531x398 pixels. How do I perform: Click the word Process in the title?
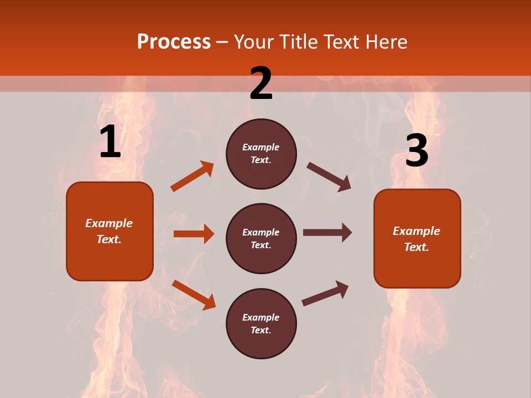174,42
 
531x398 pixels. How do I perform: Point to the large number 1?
110,142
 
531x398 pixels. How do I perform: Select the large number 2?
261,83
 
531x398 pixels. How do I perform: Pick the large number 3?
417,150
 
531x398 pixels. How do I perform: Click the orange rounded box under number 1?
110,231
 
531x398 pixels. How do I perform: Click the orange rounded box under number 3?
417,239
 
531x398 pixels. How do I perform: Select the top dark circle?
261,154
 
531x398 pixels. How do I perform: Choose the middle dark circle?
261,239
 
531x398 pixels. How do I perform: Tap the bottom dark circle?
261,324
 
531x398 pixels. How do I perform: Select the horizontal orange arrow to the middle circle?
194,234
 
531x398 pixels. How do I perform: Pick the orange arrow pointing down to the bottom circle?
194,295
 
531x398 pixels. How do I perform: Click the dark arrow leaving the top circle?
329,176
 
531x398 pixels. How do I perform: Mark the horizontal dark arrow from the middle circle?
327,233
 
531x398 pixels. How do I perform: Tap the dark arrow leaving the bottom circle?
325,293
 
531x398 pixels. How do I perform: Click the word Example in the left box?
109,223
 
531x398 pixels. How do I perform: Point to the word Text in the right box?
416,247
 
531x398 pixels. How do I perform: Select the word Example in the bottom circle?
261,317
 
